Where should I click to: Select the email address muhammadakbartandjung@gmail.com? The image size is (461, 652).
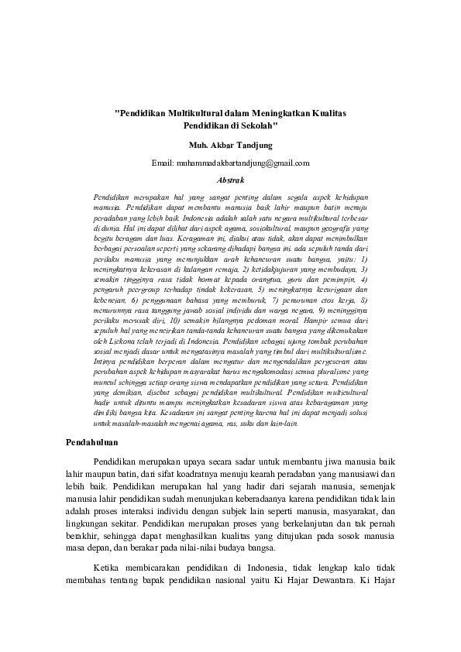243,163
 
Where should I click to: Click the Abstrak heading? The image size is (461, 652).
230,180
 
